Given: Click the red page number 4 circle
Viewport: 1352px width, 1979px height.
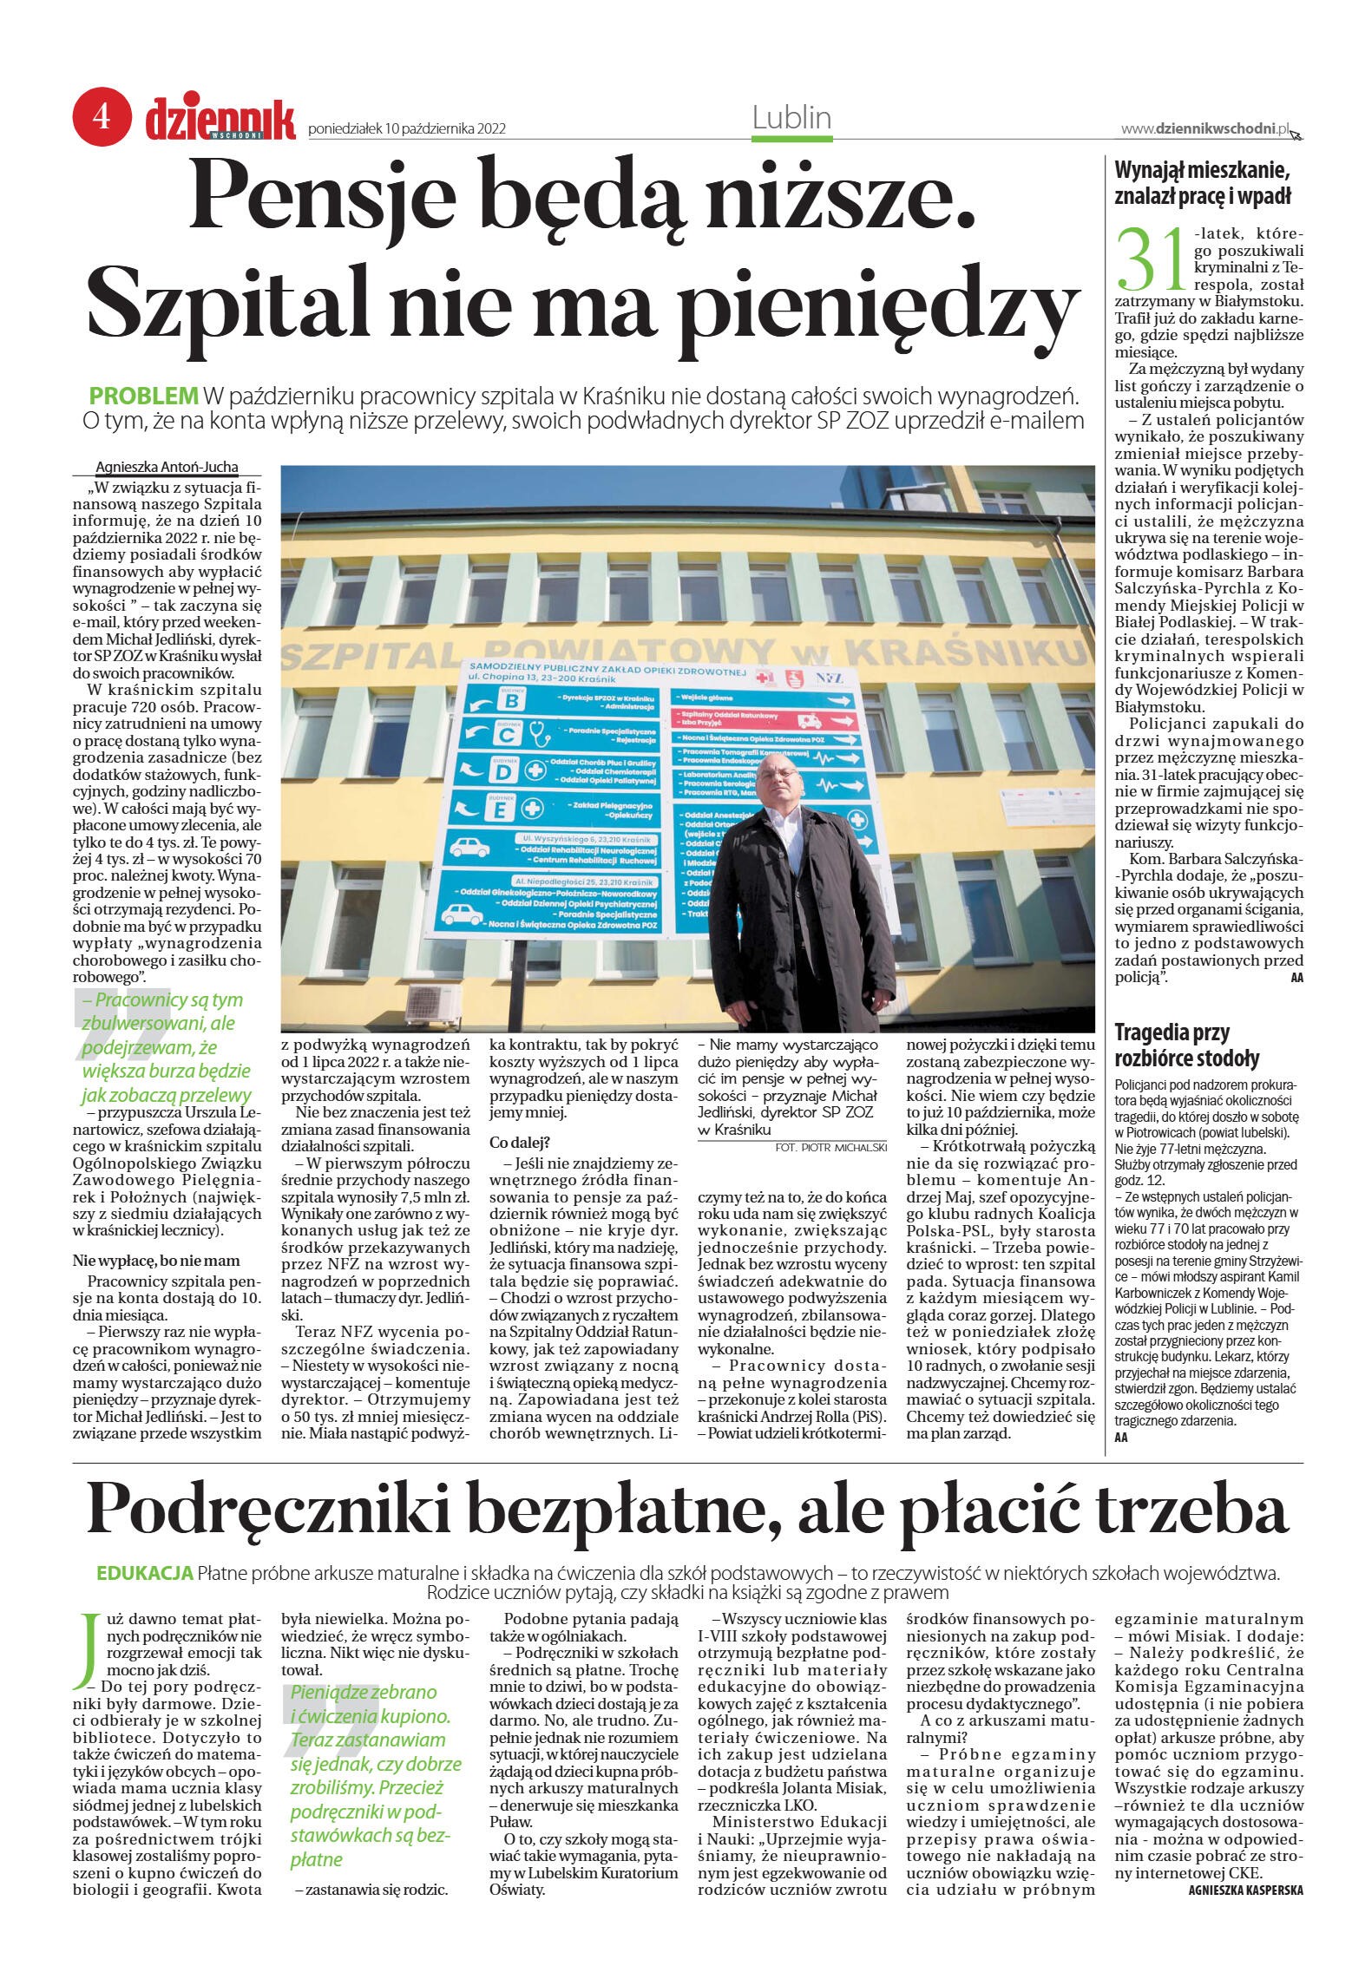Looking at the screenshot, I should (102, 115).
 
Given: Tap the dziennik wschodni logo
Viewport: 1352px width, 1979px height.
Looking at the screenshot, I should (220, 120).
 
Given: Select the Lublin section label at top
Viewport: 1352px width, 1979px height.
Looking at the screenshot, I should (791, 117).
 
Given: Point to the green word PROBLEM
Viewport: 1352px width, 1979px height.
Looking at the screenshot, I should (144, 396).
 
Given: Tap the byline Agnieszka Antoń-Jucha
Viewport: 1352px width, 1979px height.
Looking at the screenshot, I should (167, 467).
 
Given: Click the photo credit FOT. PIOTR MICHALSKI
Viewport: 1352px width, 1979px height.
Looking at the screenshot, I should (830, 1147).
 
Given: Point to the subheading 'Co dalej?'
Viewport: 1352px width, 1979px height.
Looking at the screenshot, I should (519, 1142).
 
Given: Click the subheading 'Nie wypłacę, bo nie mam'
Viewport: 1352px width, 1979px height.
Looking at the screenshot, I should (157, 1261).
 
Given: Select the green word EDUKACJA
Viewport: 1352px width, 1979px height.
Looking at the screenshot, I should (144, 1574).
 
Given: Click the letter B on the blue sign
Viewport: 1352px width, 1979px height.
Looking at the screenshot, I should (512, 700).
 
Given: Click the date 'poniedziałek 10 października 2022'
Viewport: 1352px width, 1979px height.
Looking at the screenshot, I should (407, 129).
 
